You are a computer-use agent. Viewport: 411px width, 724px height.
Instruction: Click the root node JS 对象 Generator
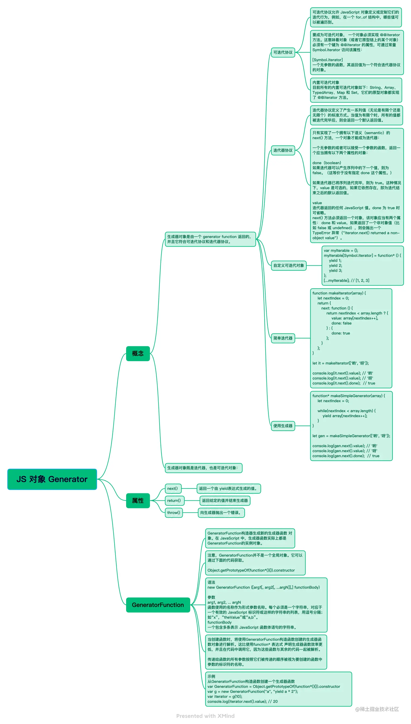tap(52, 479)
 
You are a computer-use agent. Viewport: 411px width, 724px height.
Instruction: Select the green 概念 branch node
tap(138, 353)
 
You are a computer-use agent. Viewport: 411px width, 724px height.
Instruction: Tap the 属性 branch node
tap(138, 500)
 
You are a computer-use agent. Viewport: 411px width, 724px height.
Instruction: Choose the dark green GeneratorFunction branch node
tap(158, 605)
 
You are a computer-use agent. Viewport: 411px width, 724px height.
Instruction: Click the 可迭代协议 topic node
tap(283, 52)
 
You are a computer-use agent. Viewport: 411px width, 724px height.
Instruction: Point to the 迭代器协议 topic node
tap(283, 150)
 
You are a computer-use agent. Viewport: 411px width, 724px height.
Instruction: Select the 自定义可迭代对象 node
tap(288, 265)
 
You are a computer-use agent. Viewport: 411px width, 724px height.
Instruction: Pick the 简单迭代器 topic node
tap(283, 338)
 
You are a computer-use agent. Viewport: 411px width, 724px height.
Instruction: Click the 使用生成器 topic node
tap(283, 426)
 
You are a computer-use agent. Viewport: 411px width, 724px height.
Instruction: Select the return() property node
tap(174, 500)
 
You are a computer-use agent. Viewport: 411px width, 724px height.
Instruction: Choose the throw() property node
tap(174, 512)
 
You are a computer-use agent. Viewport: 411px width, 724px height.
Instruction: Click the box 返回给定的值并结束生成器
tap(225, 500)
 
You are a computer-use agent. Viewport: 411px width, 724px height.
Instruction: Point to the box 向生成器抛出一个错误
tap(221, 512)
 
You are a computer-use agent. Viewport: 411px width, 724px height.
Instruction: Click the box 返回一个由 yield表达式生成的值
tap(229, 488)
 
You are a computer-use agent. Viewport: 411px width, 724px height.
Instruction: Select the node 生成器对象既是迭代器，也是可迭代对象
tap(203, 468)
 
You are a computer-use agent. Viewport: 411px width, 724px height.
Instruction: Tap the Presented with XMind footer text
tap(205, 716)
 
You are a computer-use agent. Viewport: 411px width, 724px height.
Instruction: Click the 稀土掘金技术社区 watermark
tap(377, 709)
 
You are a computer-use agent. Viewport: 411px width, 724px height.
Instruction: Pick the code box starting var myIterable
tap(362, 265)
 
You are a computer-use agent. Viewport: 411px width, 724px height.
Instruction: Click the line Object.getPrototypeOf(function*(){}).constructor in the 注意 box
tap(251, 570)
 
